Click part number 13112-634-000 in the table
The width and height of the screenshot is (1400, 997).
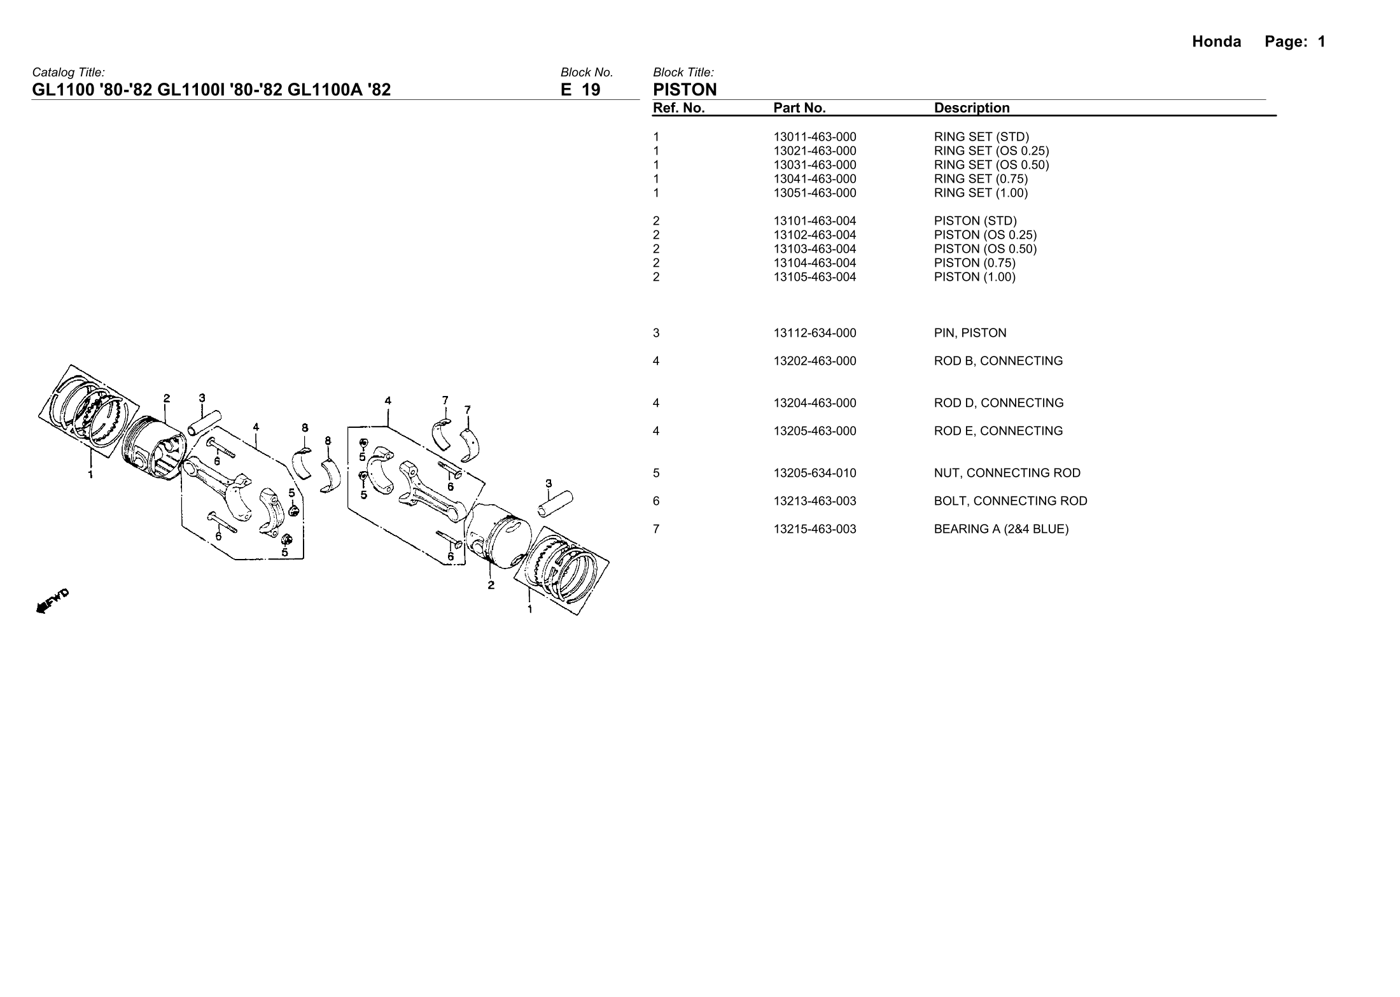[x=815, y=333]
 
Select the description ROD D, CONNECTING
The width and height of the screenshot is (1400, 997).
[x=998, y=403]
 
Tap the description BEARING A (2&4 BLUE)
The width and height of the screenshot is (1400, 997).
[x=1001, y=529]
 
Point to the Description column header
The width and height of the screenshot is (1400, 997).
[x=971, y=108]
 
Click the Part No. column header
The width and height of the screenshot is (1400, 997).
[x=799, y=108]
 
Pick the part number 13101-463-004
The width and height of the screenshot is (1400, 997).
[x=815, y=221]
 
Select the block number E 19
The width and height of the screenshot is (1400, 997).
[x=580, y=90]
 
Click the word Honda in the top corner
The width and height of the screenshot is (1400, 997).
[x=1216, y=42]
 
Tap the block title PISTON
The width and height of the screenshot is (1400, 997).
[x=685, y=90]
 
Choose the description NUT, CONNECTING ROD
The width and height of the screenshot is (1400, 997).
[x=1007, y=473]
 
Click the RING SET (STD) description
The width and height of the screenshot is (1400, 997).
[x=981, y=137]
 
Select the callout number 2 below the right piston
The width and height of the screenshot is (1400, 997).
[x=491, y=585]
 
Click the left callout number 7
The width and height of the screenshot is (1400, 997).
[x=445, y=400]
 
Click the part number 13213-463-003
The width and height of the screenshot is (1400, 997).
[x=815, y=501]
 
